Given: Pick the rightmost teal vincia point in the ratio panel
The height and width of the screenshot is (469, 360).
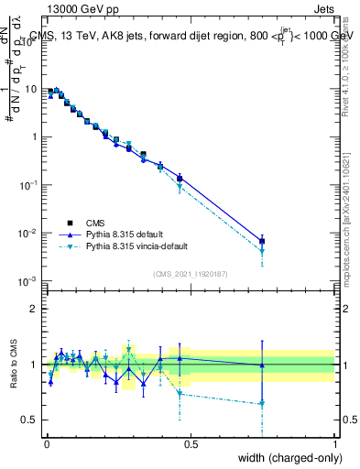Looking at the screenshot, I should tap(262, 403).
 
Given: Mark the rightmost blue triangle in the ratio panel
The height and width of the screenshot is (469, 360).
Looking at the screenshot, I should tap(262, 365).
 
